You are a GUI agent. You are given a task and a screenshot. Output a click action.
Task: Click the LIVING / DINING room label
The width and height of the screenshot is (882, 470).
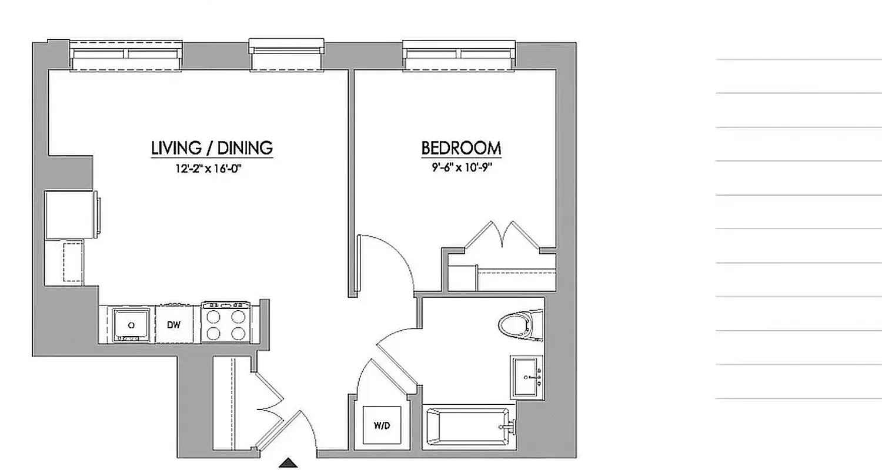212,147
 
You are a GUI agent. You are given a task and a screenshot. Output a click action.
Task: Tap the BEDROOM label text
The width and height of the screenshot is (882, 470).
461,148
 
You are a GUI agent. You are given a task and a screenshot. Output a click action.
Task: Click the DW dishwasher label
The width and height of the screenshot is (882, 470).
173,324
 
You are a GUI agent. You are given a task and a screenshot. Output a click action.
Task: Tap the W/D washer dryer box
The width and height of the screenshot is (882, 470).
382,425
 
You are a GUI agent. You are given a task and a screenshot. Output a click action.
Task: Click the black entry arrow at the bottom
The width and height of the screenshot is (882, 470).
288,463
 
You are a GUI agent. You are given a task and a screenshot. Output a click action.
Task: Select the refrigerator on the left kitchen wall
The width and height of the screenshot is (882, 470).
71,215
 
